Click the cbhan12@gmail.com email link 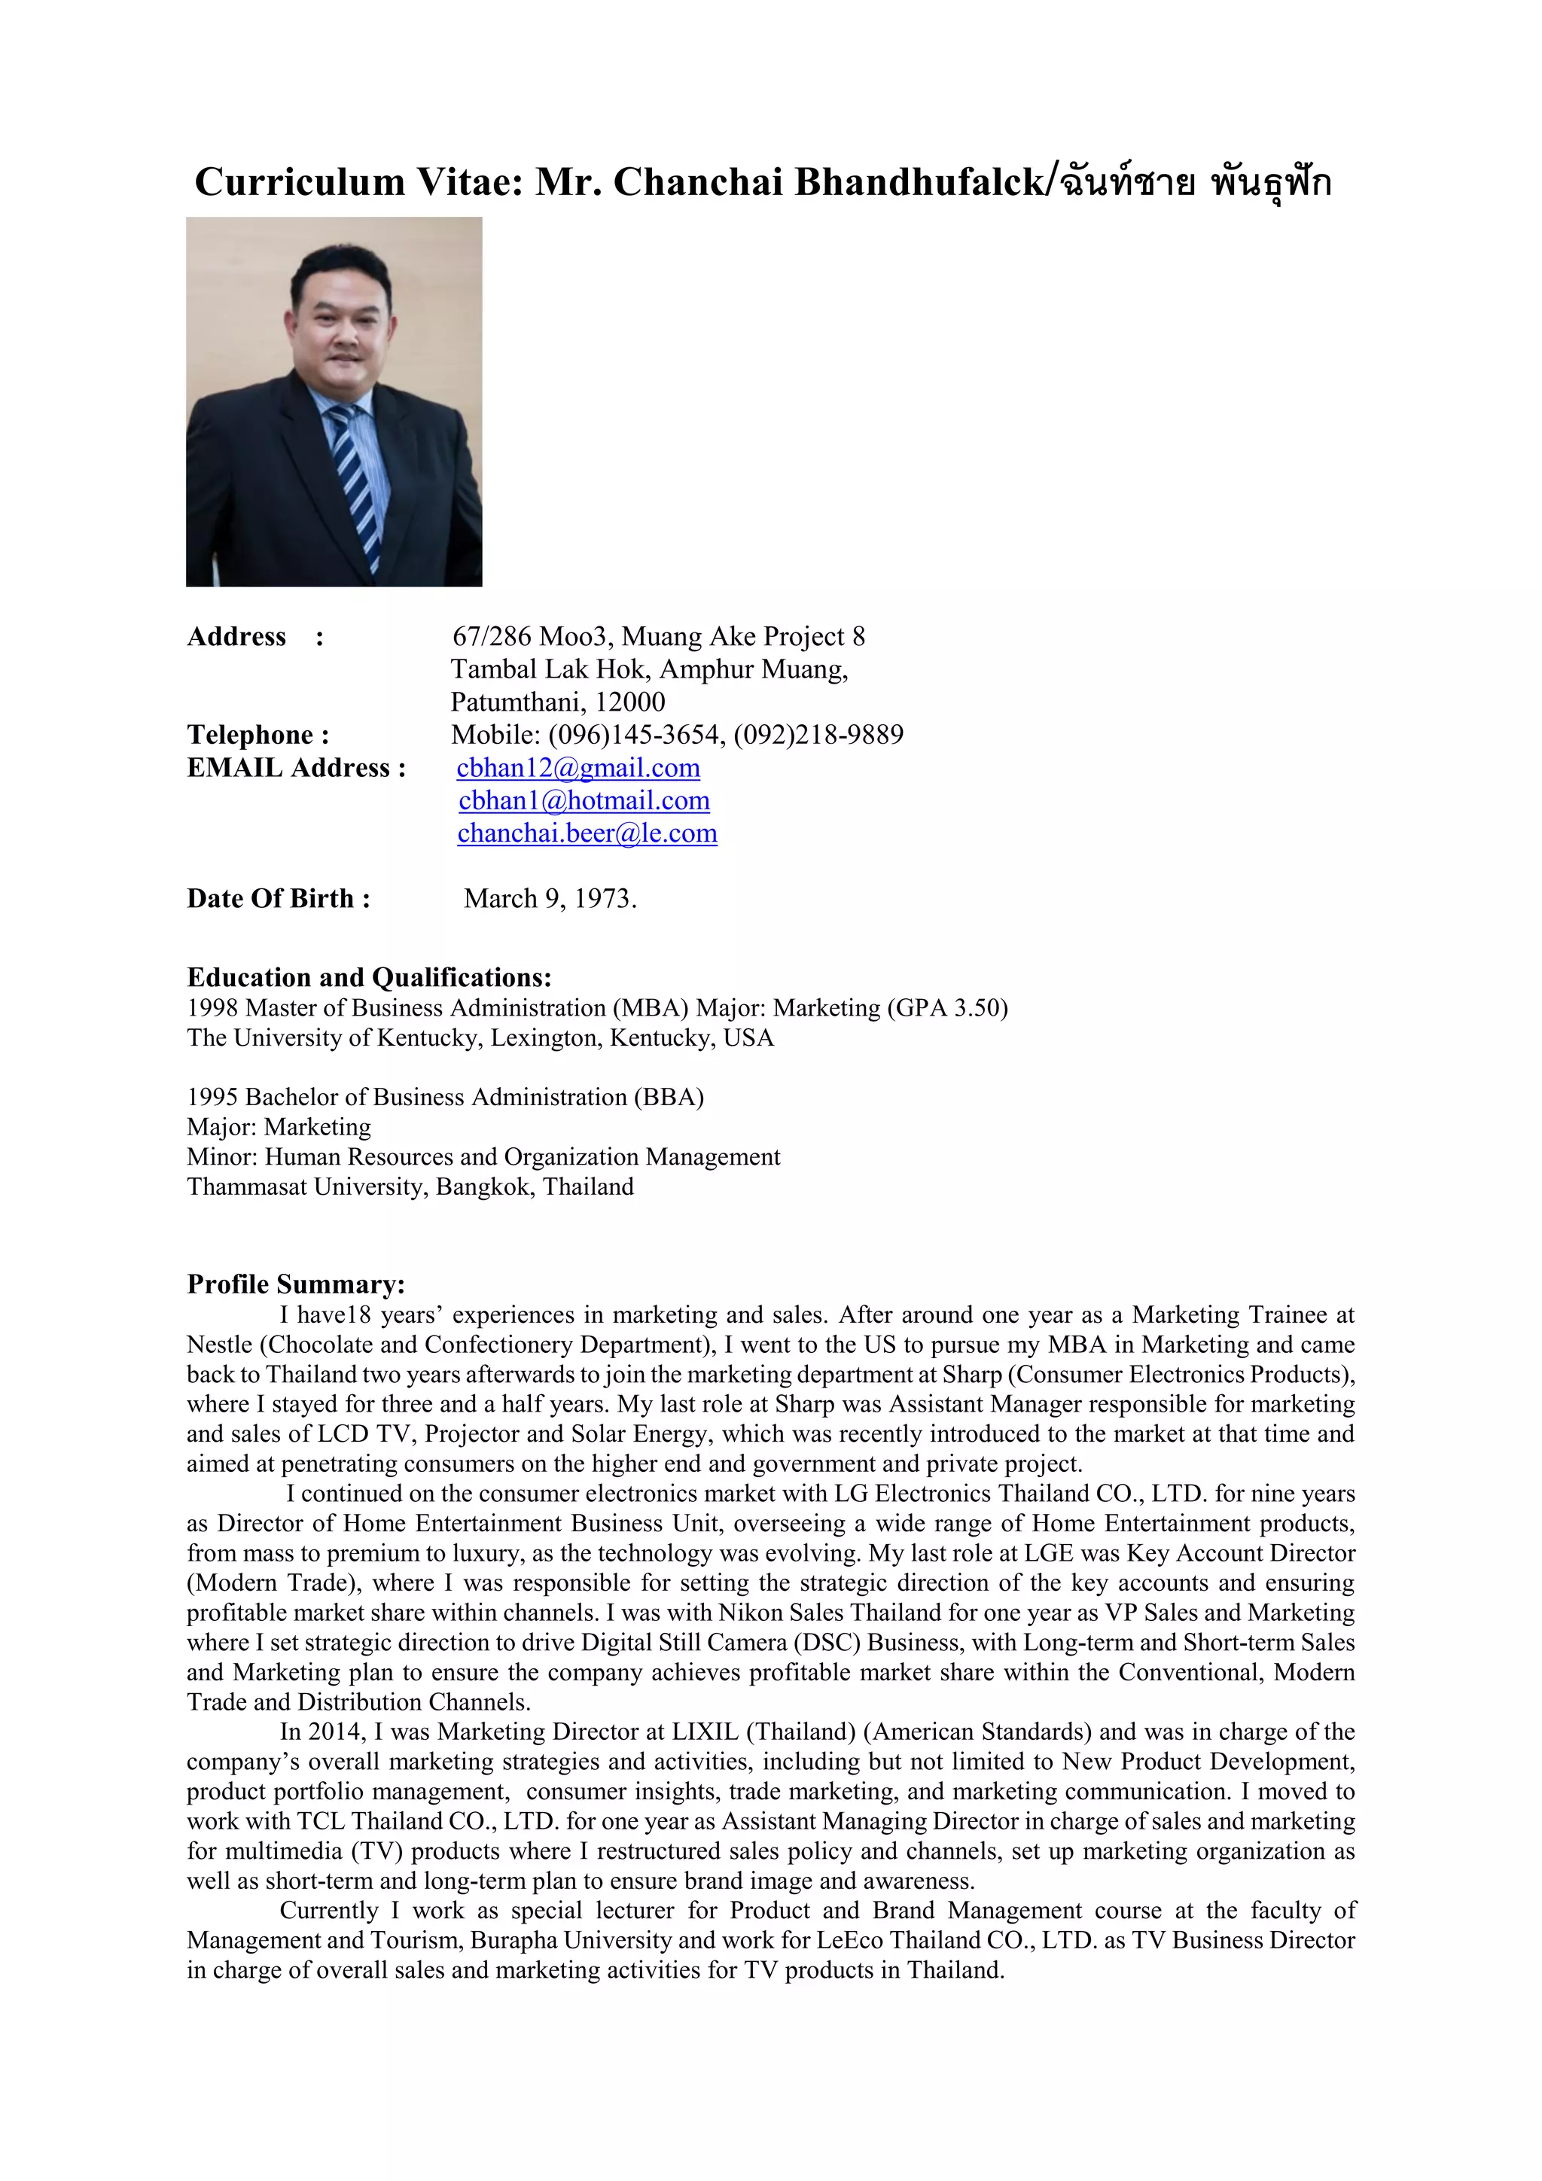(577, 768)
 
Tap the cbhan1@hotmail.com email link (584, 801)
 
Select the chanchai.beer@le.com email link (587, 833)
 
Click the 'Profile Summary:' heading (295, 1284)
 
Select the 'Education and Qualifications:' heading (369, 977)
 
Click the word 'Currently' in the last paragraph (329, 1910)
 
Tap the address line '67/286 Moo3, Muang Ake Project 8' (657, 636)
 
